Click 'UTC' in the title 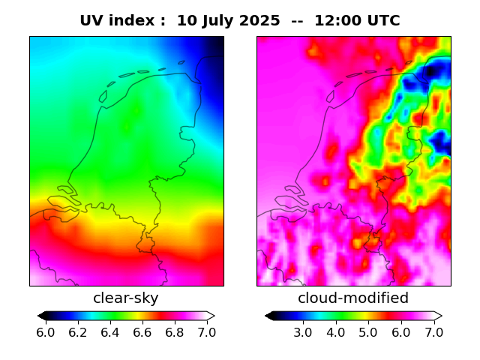(381, 21)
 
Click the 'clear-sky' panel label (126, 298)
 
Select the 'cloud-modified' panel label (353, 298)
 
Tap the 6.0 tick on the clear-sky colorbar (46, 332)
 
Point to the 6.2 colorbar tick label (78, 332)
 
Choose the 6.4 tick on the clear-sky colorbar (109, 332)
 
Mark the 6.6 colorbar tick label (142, 332)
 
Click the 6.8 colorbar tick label (174, 332)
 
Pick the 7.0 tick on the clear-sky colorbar (205, 332)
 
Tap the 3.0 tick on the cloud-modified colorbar (302, 332)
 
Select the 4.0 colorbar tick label (335, 332)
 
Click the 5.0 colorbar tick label (367, 332)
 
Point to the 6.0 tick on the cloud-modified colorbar (400, 332)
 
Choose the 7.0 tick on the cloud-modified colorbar (433, 332)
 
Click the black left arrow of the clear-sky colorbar (41, 316)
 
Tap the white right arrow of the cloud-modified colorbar (438, 316)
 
